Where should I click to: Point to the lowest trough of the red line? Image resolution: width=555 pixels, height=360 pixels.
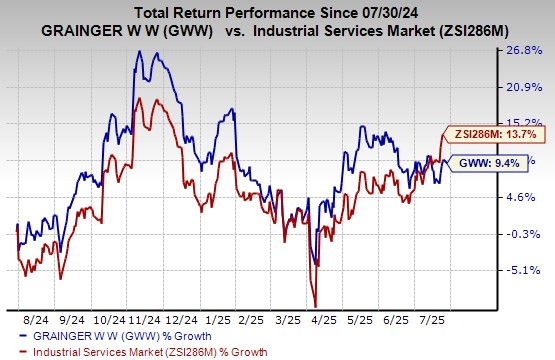point(315,306)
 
